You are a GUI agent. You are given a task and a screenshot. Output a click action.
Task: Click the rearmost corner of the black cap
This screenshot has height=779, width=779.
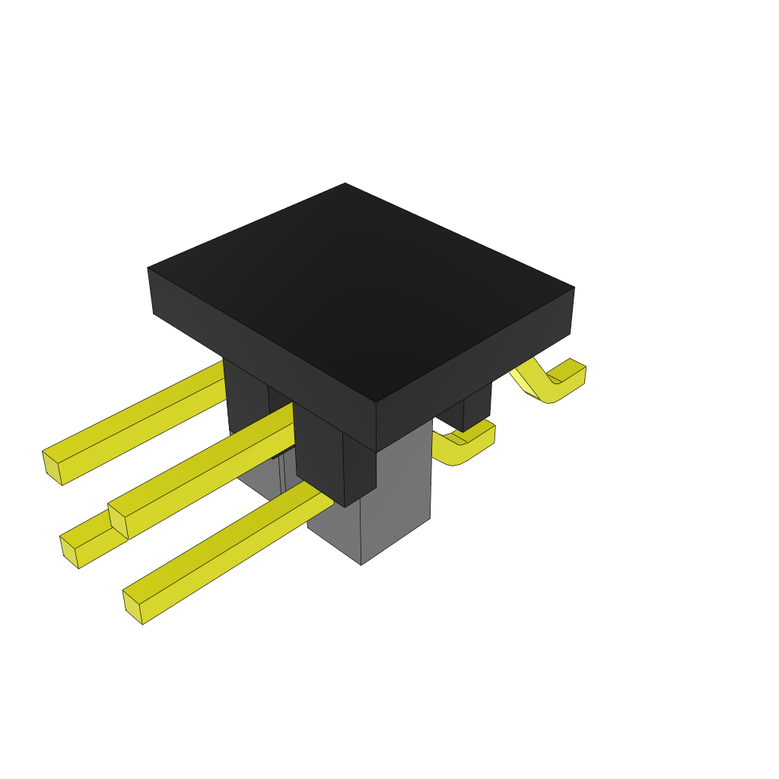345,183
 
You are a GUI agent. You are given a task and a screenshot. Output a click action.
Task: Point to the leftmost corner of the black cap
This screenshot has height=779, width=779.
148,269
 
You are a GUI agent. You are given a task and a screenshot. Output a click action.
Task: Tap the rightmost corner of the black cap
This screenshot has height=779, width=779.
574,288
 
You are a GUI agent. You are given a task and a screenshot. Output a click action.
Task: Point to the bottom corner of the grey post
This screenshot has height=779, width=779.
361,564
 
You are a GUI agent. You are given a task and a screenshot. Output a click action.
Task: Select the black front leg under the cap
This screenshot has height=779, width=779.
335,456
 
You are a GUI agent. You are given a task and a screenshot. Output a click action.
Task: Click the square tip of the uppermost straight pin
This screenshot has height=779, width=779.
51,466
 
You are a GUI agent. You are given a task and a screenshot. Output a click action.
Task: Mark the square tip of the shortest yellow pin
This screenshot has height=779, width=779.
69,551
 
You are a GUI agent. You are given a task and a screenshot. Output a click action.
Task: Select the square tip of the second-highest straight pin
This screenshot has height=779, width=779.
117,520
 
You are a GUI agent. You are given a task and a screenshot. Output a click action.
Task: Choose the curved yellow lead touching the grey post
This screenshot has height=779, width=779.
464,445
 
